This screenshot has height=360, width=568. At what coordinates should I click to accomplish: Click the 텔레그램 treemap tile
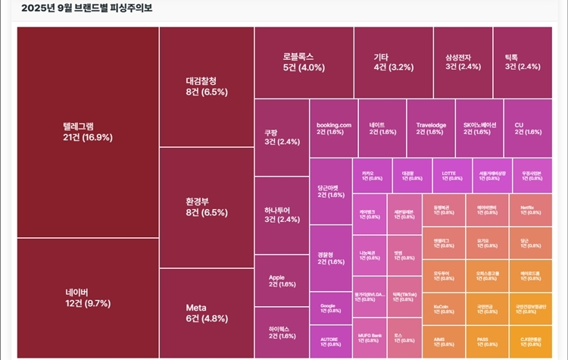point(87,132)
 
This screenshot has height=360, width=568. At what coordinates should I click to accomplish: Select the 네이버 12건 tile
point(87,298)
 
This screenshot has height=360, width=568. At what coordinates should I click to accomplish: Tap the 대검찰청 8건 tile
point(206,86)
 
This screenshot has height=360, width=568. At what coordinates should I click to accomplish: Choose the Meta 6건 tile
point(206,312)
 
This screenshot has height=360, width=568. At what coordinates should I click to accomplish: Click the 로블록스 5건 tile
point(303,61)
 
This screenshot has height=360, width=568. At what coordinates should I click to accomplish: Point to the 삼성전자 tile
point(462,61)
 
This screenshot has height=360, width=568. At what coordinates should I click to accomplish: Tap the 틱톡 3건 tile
point(522,61)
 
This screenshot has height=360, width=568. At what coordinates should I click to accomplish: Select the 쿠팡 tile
point(281,136)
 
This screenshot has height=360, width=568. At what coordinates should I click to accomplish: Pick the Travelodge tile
point(430,128)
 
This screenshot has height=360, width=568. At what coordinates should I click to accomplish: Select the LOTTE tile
point(451,175)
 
